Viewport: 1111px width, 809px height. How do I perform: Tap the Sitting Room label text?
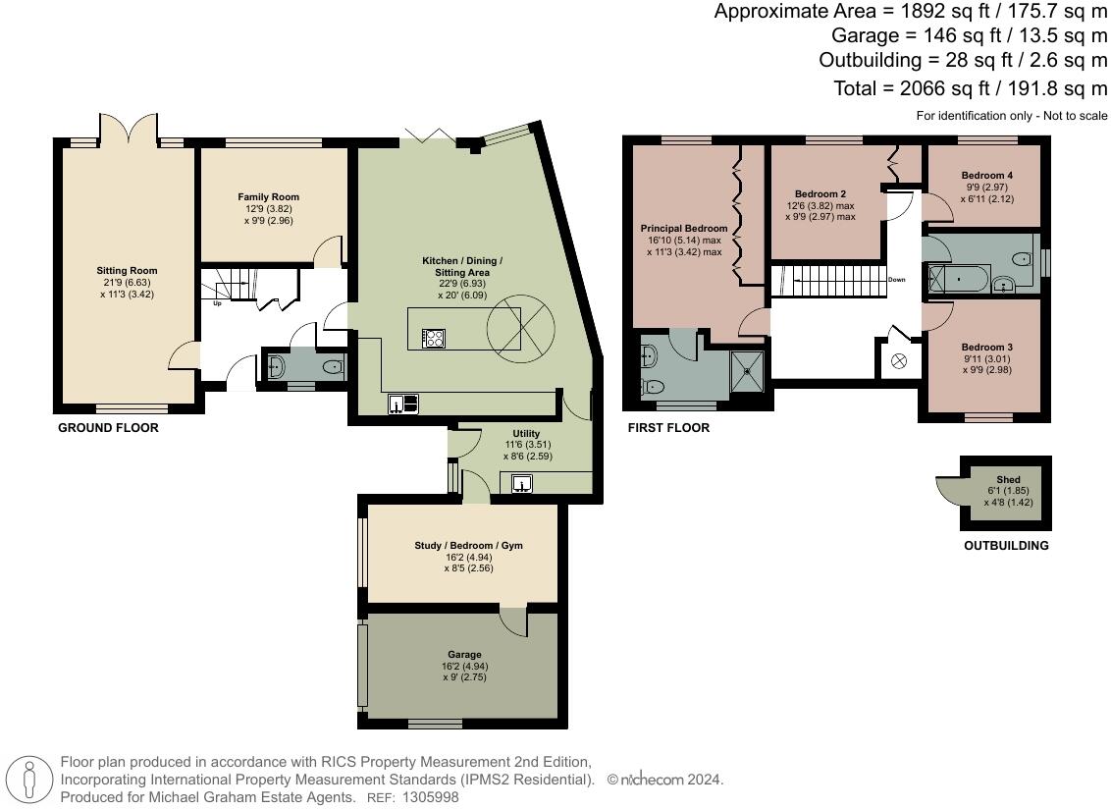(x=127, y=271)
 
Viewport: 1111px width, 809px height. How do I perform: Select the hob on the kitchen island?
(x=433, y=338)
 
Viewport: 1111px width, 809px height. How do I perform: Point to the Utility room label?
(x=525, y=433)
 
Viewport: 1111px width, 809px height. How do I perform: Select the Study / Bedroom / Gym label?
(x=461, y=545)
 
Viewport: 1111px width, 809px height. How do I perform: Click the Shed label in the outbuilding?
(x=1007, y=480)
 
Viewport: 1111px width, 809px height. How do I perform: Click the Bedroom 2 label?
(x=820, y=193)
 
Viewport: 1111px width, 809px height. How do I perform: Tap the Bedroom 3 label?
(x=986, y=348)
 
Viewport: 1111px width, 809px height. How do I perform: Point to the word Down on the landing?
(x=896, y=280)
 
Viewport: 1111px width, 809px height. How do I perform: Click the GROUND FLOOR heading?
(x=108, y=428)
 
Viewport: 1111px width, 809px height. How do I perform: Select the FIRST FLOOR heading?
(x=668, y=428)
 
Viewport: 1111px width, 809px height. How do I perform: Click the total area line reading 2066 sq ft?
(x=970, y=88)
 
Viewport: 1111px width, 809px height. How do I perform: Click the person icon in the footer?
(x=31, y=781)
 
